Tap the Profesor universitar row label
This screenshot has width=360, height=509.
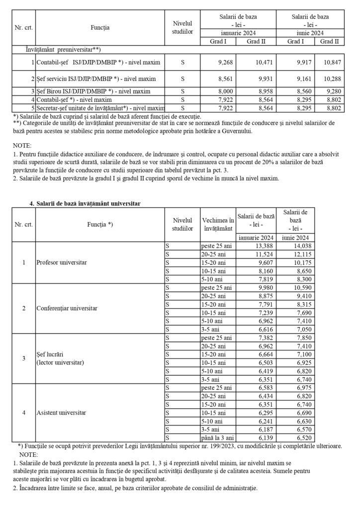(x=58, y=262)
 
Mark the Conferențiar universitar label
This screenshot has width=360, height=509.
(x=67, y=308)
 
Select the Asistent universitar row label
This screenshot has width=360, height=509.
(x=61, y=413)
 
